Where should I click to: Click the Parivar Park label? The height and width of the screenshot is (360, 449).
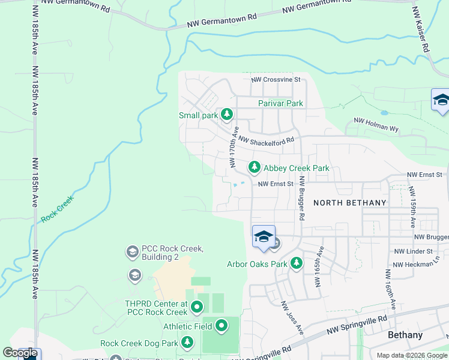(x=280, y=103)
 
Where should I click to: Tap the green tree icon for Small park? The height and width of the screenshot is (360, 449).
(x=226, y=114)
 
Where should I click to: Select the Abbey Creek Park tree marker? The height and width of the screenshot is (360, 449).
(x=255, y=167)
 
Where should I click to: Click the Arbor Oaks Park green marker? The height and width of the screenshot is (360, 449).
(x=296, y=263)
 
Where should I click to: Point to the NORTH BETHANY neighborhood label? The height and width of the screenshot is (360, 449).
(x=350, y=203)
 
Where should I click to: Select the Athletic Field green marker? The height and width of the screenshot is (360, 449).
(x=221, y=326)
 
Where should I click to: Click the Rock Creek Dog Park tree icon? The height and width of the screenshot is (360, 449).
(x=187, y=343)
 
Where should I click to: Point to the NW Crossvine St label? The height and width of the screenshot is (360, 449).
(x=276, y=79)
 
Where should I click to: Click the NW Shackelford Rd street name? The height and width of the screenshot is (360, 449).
(x=266, y=140)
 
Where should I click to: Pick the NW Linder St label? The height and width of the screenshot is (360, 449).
(x=413, y=251)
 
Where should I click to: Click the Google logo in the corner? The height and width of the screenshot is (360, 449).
(x=20, y=353)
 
